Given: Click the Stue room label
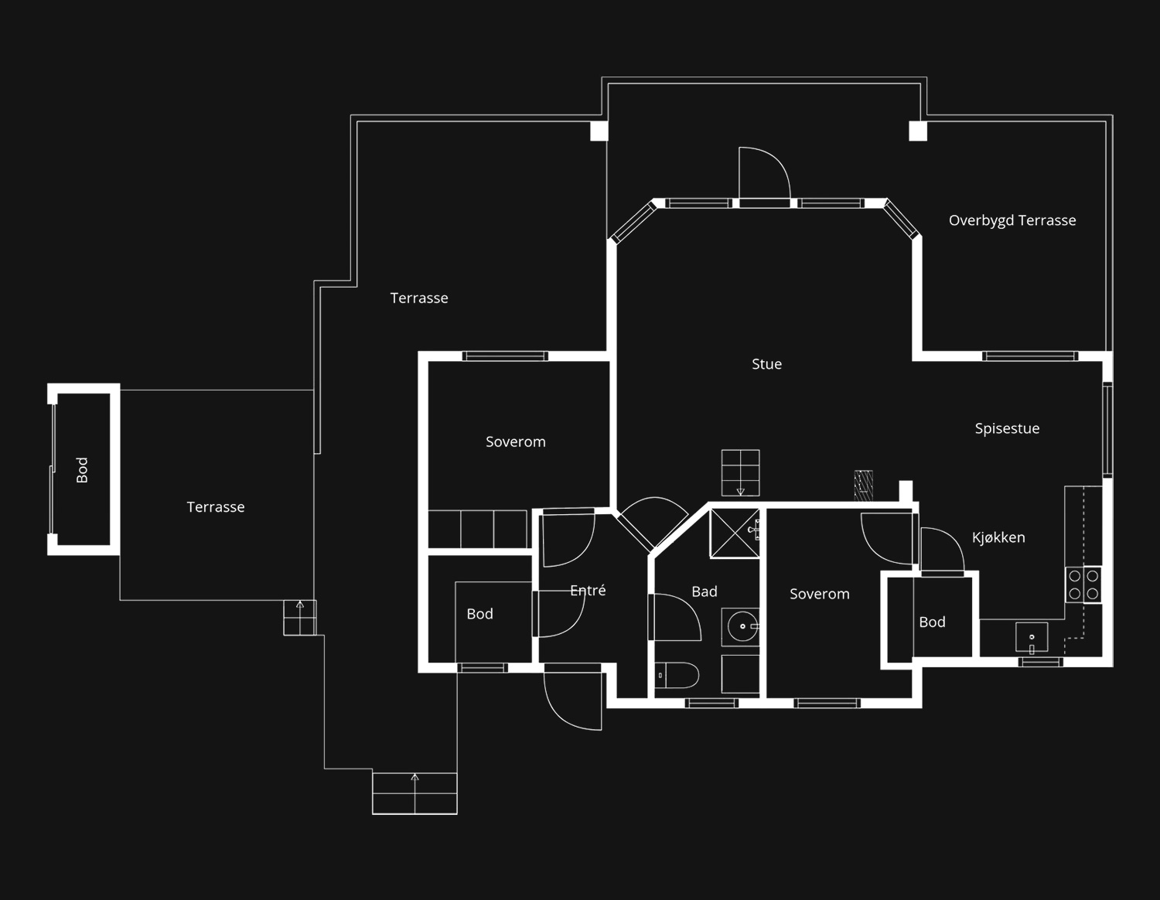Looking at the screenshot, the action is click(x=766, y=364).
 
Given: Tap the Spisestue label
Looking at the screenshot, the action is click(x=1008, y=428).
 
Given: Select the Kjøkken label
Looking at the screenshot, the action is click(x=998, y=537).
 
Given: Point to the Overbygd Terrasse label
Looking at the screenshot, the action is click(x=1012, y=220).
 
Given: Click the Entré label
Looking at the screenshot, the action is click(x=588, y=590).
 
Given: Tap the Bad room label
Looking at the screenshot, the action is click(x=704, y=591).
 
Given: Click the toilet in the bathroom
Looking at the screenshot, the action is click(x=677, y=676).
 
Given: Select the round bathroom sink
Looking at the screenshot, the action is click(x=742, y=626).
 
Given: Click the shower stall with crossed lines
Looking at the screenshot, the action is click(x=735, y=534).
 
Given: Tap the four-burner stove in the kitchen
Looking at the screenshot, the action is click(x=1083, y=585).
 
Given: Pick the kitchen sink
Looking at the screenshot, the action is click(x=1032, y=637).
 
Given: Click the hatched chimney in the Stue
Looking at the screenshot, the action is click(x=863, y=485).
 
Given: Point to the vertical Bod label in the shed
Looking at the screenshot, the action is click(x=82, y=470).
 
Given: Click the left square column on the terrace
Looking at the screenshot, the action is click(x=599, y=131).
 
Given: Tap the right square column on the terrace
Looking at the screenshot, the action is click(x=918, y=131).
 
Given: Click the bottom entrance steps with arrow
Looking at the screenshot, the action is click(x=415, y=793).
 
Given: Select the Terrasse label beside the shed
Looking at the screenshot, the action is click(x=216, y=506).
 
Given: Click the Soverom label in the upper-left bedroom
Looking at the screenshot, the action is click(x=516, y=441).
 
